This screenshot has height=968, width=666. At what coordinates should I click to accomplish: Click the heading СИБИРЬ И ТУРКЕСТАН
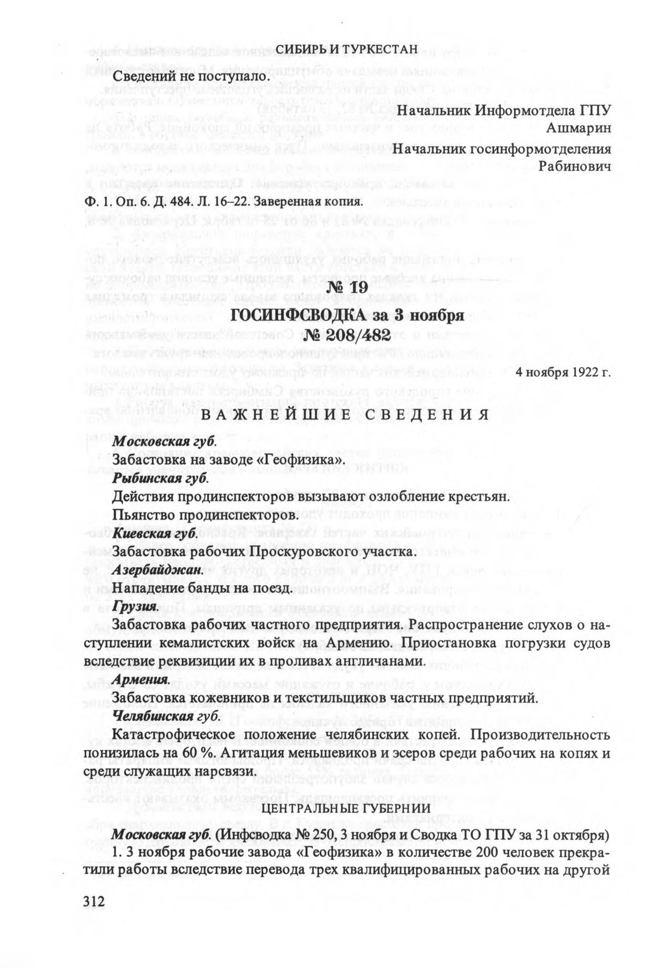pyautogui.click(x=346, y=49)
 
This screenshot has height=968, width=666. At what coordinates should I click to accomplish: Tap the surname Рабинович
pyautogui.click(x=575, y=166)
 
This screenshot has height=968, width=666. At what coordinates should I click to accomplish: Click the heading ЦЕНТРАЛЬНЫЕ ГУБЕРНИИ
pyautogui.click(x=346, y=809)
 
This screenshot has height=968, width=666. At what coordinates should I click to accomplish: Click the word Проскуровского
pyautogui.click(x=307, y=551)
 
